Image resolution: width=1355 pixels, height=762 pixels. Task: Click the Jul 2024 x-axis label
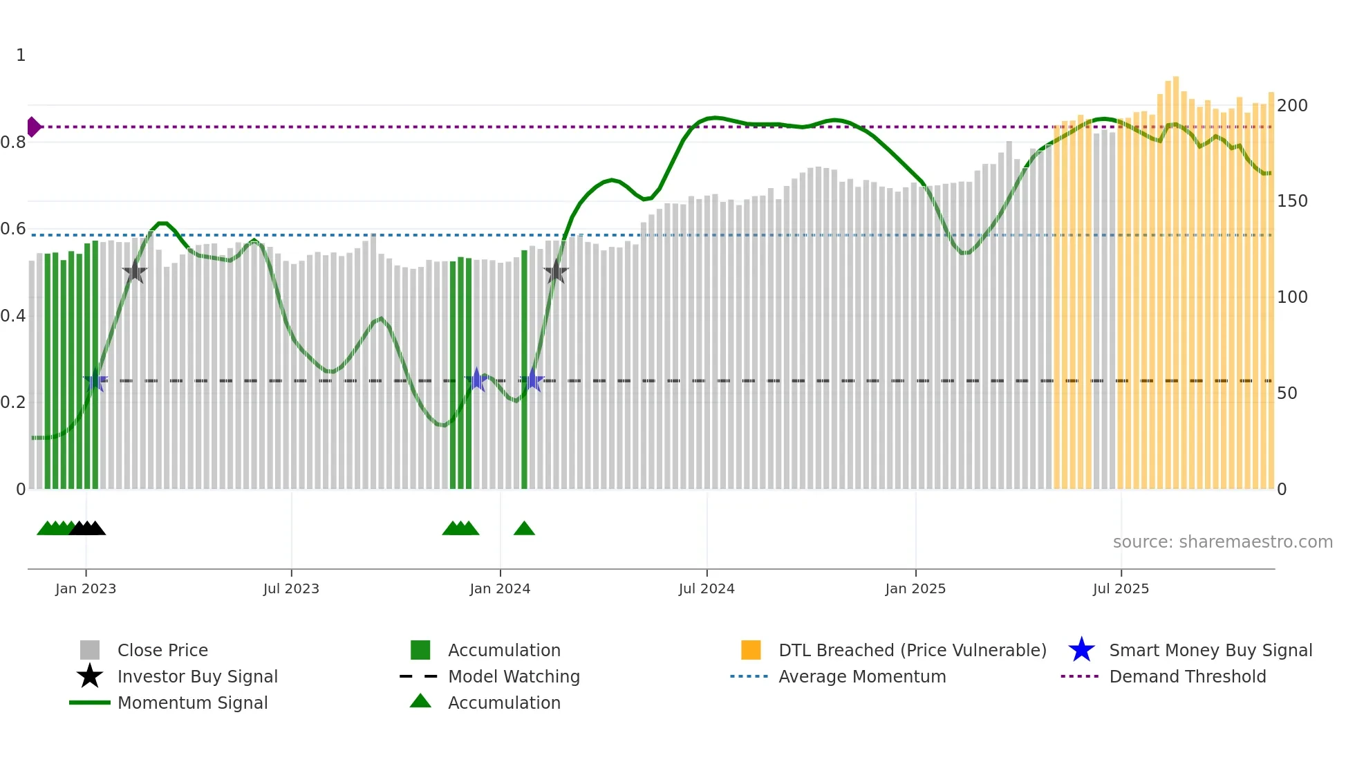point(707,588)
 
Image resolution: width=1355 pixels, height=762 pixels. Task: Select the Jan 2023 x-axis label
point(86,588)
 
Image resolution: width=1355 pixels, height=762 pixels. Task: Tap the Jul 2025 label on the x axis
point(1121,588)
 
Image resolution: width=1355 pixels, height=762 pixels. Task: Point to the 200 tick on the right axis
point(1291,106)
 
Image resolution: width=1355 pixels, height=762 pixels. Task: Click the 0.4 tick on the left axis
point(13,315)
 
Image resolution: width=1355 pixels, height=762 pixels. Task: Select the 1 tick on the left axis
point(21,55)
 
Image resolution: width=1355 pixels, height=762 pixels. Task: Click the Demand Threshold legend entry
point(1187,676)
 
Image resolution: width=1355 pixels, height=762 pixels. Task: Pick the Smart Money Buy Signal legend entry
point(1210,650)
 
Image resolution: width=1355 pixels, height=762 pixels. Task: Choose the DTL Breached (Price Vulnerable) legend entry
point(912,650)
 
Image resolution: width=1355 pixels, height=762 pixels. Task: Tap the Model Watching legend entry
point(513,676)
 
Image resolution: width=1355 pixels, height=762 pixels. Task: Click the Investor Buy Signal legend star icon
point(90,676)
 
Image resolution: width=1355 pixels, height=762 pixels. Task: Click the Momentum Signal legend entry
point(192,703)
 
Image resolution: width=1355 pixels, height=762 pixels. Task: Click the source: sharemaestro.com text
point(1222,542)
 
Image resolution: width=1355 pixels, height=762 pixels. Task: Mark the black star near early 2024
point(555,272)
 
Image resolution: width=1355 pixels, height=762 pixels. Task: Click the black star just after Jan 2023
point(135,272)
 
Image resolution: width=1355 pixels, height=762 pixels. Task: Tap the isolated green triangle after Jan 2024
point(524,529)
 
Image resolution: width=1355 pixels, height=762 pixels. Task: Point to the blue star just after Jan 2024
point(532,380)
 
